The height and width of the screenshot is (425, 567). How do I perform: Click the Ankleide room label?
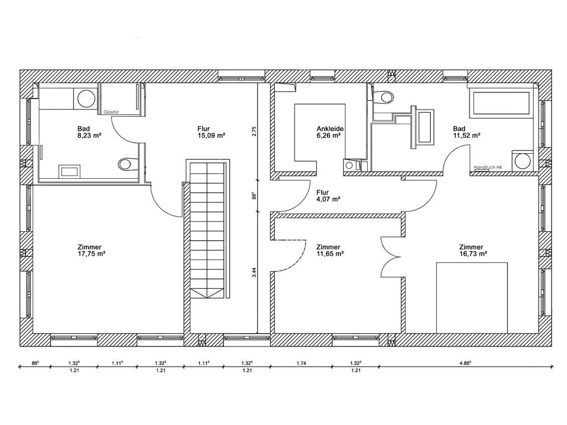point(330,128)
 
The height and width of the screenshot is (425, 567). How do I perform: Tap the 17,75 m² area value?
point(91,253)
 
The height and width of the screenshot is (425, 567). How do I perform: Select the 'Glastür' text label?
point(111,112)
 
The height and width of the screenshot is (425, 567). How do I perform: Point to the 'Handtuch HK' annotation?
point(488,167)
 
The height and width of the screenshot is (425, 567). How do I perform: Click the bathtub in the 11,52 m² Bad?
point(499,105)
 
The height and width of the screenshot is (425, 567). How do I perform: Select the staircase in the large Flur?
point(208,229)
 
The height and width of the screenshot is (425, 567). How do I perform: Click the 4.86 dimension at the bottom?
point(465,363)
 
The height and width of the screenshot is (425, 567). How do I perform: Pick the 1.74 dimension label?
point(301,363)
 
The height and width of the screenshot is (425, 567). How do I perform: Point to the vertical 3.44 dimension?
point(254,272)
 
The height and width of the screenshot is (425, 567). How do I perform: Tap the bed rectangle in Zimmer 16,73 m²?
point(472,298)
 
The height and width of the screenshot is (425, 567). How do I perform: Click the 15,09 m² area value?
point(211,136)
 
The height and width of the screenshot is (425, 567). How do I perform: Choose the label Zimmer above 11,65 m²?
point(328,247)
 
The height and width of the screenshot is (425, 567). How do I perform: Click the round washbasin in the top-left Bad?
point(87,99)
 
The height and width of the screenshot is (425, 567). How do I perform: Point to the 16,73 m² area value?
point(473,253)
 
